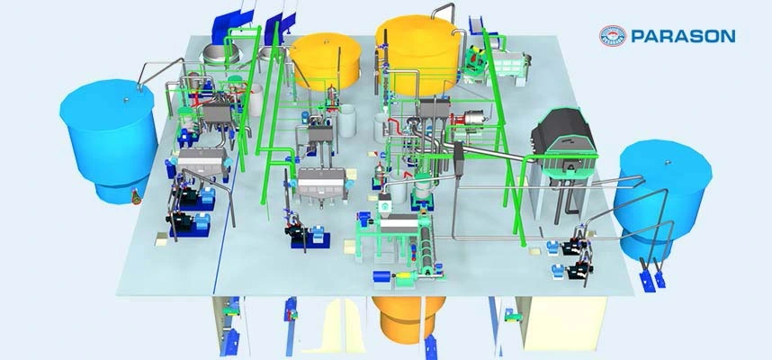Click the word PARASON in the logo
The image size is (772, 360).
coord(683,36)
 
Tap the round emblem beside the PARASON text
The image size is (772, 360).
coord(613,36)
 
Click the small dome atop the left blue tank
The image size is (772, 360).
coord(126,100)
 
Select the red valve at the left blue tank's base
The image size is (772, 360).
coord(135,198)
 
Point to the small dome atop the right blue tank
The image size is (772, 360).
coord(669,161)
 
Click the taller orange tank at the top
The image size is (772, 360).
coord(418,54)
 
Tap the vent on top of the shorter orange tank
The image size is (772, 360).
coord(325,42)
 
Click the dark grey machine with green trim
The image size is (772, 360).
coord(563,139)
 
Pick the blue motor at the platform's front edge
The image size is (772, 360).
coord(382,276)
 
